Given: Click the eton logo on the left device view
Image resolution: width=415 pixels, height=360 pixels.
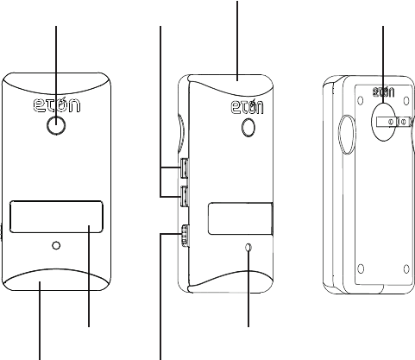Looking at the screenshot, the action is pyautogui.click(x=57, y=104).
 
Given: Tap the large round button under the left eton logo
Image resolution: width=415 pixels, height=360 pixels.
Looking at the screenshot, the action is pyautogui.click(x=56, y=125).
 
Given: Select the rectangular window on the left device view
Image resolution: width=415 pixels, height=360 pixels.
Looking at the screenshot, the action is pyautogui.click(x=56, y=217).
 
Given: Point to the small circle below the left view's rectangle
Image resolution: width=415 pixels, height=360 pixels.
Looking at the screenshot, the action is pyautogui.click(x=56, y=245).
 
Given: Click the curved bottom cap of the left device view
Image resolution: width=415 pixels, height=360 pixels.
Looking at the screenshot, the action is pyautogui.click(x=56, y=280).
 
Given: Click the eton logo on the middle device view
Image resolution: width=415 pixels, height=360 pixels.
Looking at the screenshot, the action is pyautogui.click(x=248, y=107).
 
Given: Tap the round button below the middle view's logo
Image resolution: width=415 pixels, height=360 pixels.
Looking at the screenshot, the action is pyautogui.click(x=248, y=127).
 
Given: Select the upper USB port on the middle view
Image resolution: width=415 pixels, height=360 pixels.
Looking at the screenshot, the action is pyautogui.click(x=184, y=168).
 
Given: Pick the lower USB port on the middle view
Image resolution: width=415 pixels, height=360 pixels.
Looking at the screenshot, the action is pyautogui.click(x=184, y=197).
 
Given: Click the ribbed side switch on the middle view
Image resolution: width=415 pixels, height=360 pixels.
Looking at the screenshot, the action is pyautogui.click(x=185, y=236).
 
